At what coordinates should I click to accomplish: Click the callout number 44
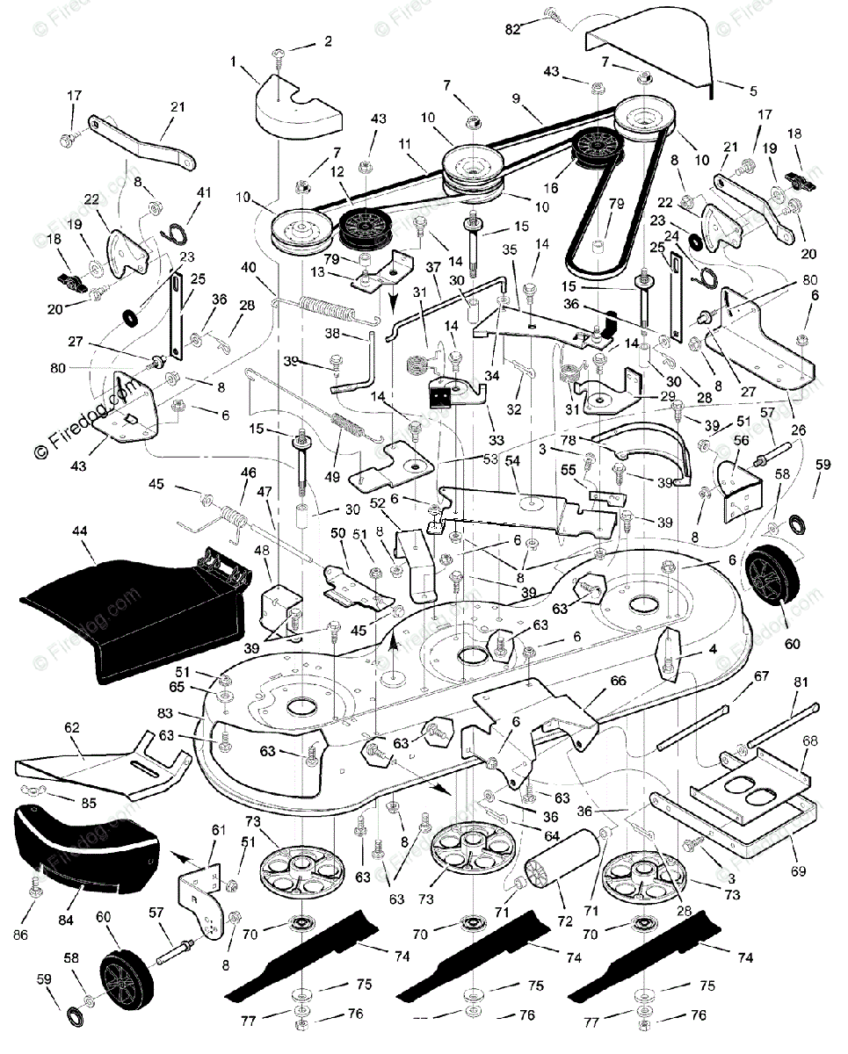tap(79, 531)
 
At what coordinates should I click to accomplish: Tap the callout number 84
tap(65, 920)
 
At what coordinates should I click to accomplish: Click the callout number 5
tap(753, 90)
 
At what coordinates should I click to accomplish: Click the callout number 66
tap(618, 681)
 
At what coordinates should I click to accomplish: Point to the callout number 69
tap(799, 870)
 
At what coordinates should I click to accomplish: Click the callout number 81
tap(801, 682)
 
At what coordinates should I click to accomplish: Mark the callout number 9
tap(516, 98)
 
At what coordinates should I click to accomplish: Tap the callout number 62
tap(71, 727)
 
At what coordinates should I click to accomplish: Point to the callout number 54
tap(512, 460)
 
